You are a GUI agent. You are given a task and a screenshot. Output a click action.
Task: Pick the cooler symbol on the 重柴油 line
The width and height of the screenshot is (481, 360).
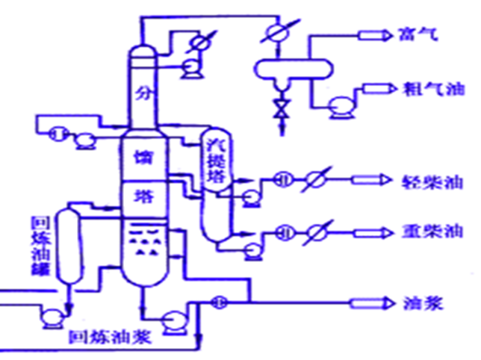[314, 231]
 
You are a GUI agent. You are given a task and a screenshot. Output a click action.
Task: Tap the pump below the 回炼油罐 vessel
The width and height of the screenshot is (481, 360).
[50, 317]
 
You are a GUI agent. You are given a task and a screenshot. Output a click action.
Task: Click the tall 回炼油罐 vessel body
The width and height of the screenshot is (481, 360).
[69, 246]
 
